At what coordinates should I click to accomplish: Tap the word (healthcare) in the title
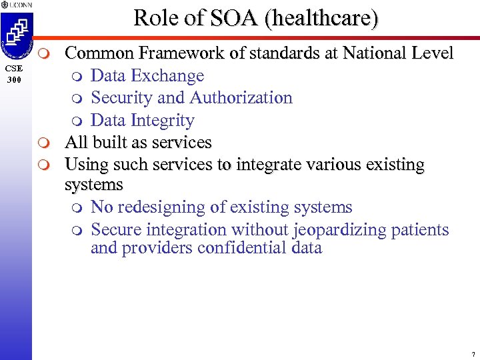coord(321,18)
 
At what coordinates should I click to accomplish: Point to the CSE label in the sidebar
coord(13,69)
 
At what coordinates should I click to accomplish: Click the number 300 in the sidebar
coord(13,79)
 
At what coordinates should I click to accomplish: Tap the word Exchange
coord(171,75)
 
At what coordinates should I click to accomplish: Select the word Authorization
coord(241,97)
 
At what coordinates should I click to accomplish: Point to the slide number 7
coord(472,354)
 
